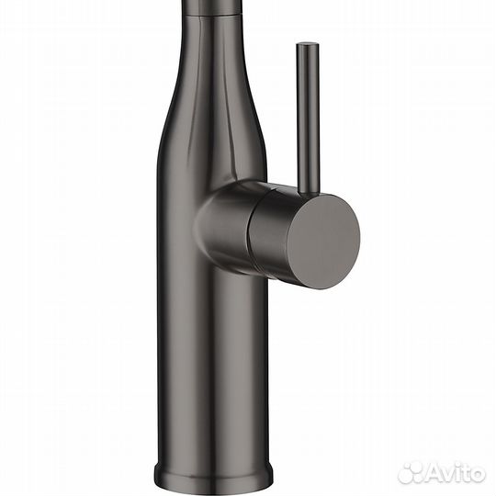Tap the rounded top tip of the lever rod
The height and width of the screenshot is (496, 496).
click(x=308, y=47)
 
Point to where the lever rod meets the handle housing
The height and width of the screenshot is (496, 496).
click(x=307, y=188)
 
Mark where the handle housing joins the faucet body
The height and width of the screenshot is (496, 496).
click(x=204, y=220)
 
